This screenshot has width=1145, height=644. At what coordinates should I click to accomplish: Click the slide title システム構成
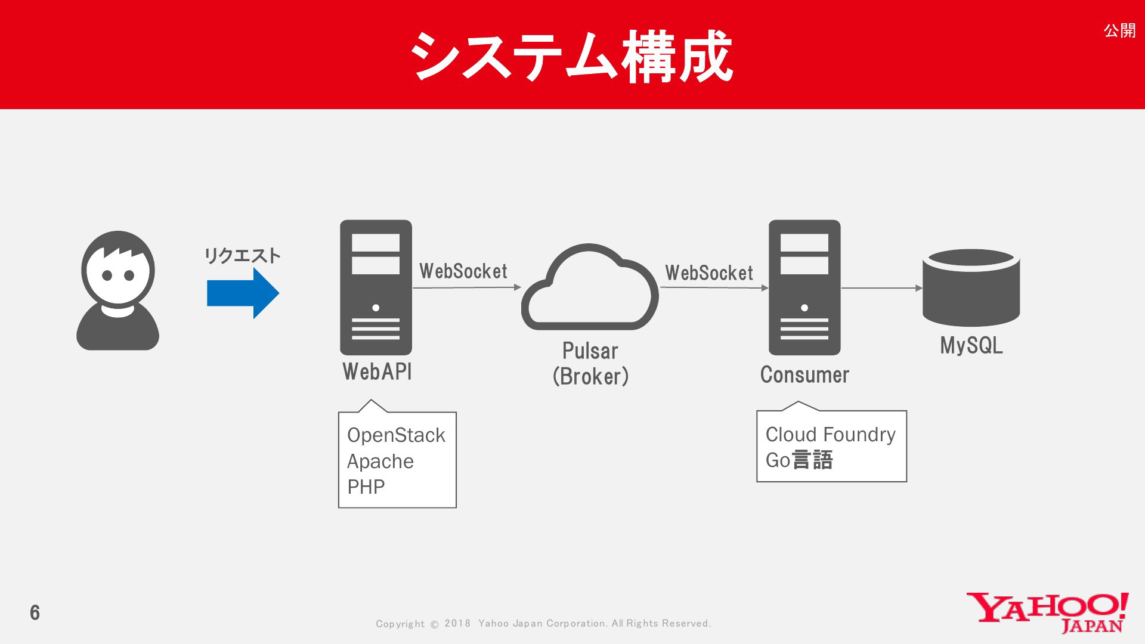(x=571, y=57)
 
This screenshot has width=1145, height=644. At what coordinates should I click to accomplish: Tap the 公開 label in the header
(x=1119, y=30)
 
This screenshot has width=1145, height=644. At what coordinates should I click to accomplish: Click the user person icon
(x=118, y=290)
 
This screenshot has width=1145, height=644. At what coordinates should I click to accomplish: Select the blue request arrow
(x=243, y=293)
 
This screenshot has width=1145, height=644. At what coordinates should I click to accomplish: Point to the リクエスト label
(x=242, y=256)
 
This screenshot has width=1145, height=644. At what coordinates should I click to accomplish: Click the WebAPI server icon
(x=376, y=287)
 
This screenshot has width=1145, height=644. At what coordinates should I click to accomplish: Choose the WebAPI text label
(x=377, y=371)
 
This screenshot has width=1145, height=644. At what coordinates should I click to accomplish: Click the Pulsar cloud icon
(x=590, y=287)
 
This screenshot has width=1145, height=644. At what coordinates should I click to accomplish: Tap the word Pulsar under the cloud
(x=590, y=351)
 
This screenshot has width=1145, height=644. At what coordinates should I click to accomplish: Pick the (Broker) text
(x=590, y=376)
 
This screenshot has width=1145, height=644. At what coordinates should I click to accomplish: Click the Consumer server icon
(x=804, y=287)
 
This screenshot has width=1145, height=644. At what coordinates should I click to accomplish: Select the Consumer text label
(x=804, y=375)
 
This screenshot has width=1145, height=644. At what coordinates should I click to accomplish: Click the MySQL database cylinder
(x=971, y=287)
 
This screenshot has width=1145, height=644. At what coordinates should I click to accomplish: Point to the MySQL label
(x=971, y=346)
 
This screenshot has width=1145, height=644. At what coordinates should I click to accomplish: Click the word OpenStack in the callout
(x=396, y=436)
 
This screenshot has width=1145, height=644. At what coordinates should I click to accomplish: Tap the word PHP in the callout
(x=366, y=487)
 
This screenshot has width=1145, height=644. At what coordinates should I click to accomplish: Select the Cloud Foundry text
(x=831, y=435)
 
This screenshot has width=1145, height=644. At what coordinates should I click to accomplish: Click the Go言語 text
(x=799, y=460)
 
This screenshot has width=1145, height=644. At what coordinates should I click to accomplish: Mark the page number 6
(x=35, y=612)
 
